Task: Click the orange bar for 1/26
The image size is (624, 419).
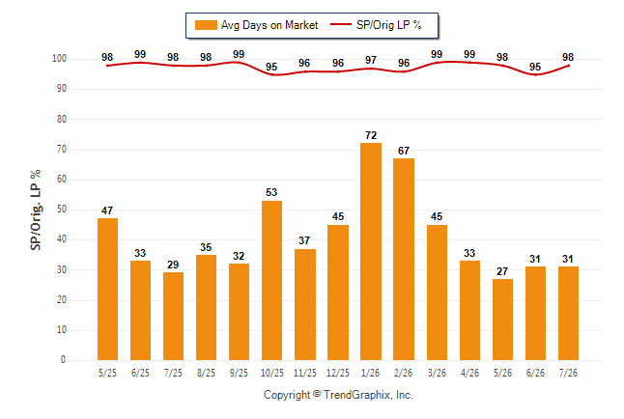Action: [x=371, y=251]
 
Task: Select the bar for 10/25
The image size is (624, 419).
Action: [x=271, y=281]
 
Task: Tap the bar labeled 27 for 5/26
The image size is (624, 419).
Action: [x=502, y=320]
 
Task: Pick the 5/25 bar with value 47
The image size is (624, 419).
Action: [x=107, y=290]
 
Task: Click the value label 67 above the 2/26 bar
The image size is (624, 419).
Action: [x=404, y=151]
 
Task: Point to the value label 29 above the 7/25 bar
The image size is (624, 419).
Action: [x=173, y=265]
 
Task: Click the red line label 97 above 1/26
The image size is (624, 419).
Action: [x=371, y=60]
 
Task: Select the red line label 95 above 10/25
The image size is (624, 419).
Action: [x=271, y=67]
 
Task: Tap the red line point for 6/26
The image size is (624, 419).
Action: [x=536, y=74]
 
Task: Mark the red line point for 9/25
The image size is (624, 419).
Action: [x=239, y=63]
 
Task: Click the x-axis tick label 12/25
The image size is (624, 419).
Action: [x=338, y=373]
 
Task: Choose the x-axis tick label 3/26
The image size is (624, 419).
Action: [x=437, y=373]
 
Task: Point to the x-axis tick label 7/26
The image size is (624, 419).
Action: [x=568, y=373]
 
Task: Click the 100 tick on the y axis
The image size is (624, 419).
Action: [x=59, y=59]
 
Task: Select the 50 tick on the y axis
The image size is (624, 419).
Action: [x=62, y=209]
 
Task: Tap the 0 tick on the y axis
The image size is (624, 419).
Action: [x=64, y=360]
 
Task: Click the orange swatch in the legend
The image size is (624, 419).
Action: [x=206, y=25]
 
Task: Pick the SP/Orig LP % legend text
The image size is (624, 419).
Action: [x=389, y=25]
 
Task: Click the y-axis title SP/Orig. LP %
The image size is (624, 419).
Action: [x=36, y=209]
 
